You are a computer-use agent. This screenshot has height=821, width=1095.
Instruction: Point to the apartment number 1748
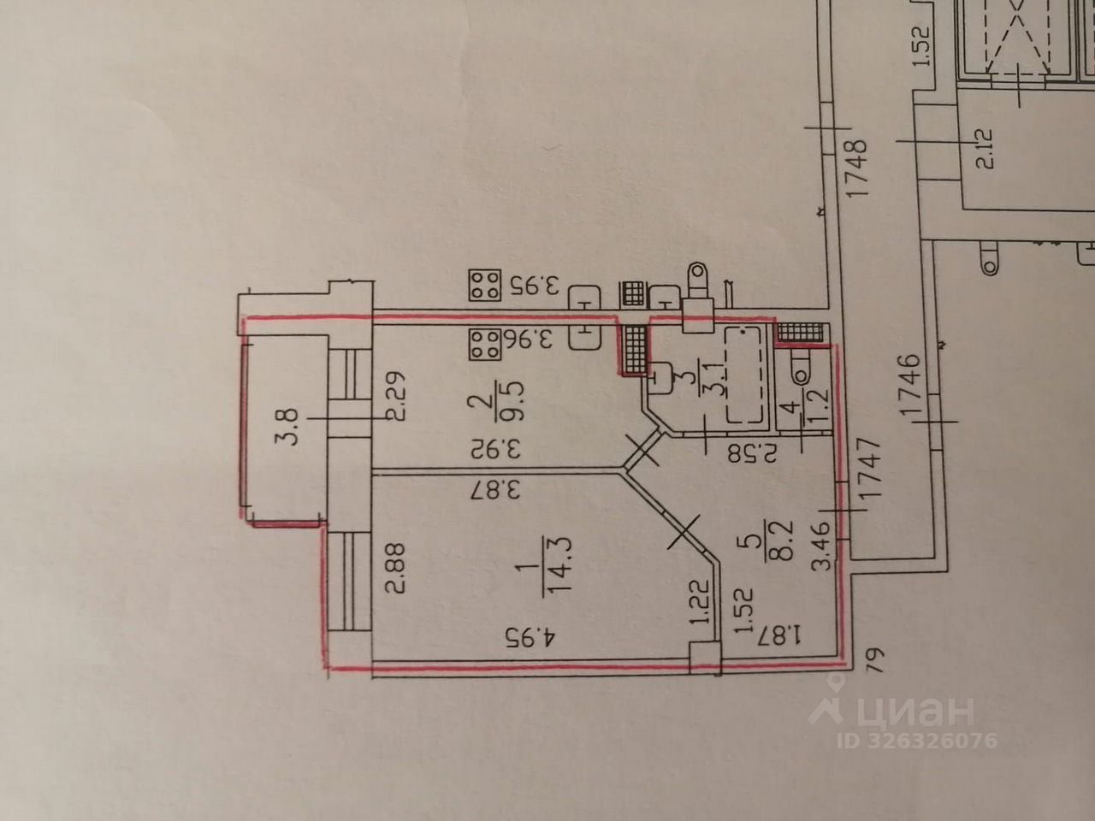(858, 170)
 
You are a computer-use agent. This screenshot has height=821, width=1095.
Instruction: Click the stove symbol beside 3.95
(484, 285)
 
